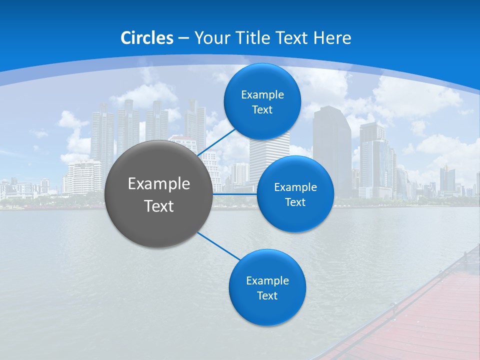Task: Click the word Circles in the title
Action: click(x=147, y=38)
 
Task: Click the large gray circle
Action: click(x=158, y=194)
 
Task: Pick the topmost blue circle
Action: click(x=262, y=101)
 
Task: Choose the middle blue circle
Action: click(x=295, y=194)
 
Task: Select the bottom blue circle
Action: click(x=267, y=287)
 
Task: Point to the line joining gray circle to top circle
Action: click(x=215, y=142)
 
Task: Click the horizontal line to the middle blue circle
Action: click(x=235, y=193)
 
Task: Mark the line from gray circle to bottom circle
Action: click(x=218, y=246)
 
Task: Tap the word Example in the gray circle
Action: click(x=159, y=183)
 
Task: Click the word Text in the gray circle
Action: click(x=159, y=206)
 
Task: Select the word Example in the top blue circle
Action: click(x=262, y=94)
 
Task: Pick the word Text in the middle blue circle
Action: click(x=295, y=202)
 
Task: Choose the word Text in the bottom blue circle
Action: click(x=267, y=295)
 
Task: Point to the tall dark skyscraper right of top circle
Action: click(x=332, y=150)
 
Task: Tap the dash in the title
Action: click(x=183, y=38)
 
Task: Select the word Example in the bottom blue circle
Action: click(x=267, y=280)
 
